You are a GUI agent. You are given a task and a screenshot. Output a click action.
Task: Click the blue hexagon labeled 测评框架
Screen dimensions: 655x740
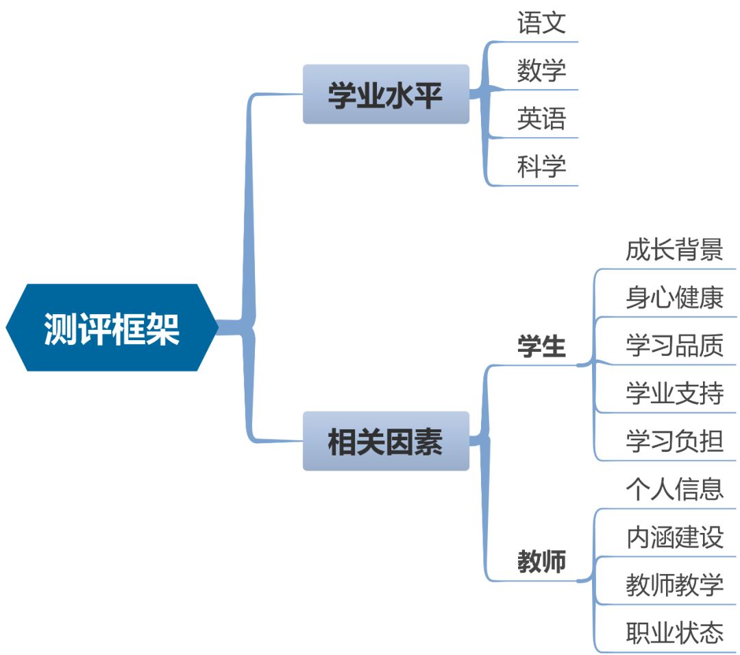click(x=112, y=328)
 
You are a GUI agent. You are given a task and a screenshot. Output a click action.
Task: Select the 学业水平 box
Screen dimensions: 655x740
click(x=386, y=95)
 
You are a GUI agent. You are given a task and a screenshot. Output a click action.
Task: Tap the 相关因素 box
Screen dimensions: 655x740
click(x=386, y=441)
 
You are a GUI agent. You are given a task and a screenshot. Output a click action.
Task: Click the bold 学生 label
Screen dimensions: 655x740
click(x=541, y=347)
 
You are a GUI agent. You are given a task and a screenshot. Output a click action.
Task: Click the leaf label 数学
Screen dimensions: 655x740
click(x=541, y=71)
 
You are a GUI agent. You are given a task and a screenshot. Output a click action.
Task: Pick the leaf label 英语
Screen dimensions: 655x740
click(x=541, y=119)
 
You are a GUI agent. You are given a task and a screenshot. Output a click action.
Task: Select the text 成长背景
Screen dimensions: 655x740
click(x=674, y=250)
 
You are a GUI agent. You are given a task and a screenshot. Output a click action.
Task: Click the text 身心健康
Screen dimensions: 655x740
click(x=674, y=298)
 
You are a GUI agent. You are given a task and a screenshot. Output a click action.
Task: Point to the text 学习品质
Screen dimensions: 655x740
click(x=674, y=346)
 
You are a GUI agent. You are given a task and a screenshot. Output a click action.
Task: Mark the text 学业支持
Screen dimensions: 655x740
click(x=674, y=394)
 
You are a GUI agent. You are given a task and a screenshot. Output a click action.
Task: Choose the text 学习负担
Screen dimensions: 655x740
click(x=674, y=441)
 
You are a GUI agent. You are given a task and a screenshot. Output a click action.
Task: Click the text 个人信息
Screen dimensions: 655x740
click(x=674, y=489)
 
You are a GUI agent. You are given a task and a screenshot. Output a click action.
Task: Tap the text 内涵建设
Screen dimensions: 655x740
click(x=674, y=537)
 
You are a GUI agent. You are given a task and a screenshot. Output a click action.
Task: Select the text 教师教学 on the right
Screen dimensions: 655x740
click(x=674, y=585)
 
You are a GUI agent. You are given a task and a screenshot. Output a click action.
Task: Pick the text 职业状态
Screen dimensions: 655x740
click(x=674, y=632)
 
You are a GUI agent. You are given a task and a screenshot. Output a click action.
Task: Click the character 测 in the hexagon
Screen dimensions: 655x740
click(x=61, y=329)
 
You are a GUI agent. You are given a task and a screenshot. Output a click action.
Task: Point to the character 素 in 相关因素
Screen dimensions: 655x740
click(x=428, y=442)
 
